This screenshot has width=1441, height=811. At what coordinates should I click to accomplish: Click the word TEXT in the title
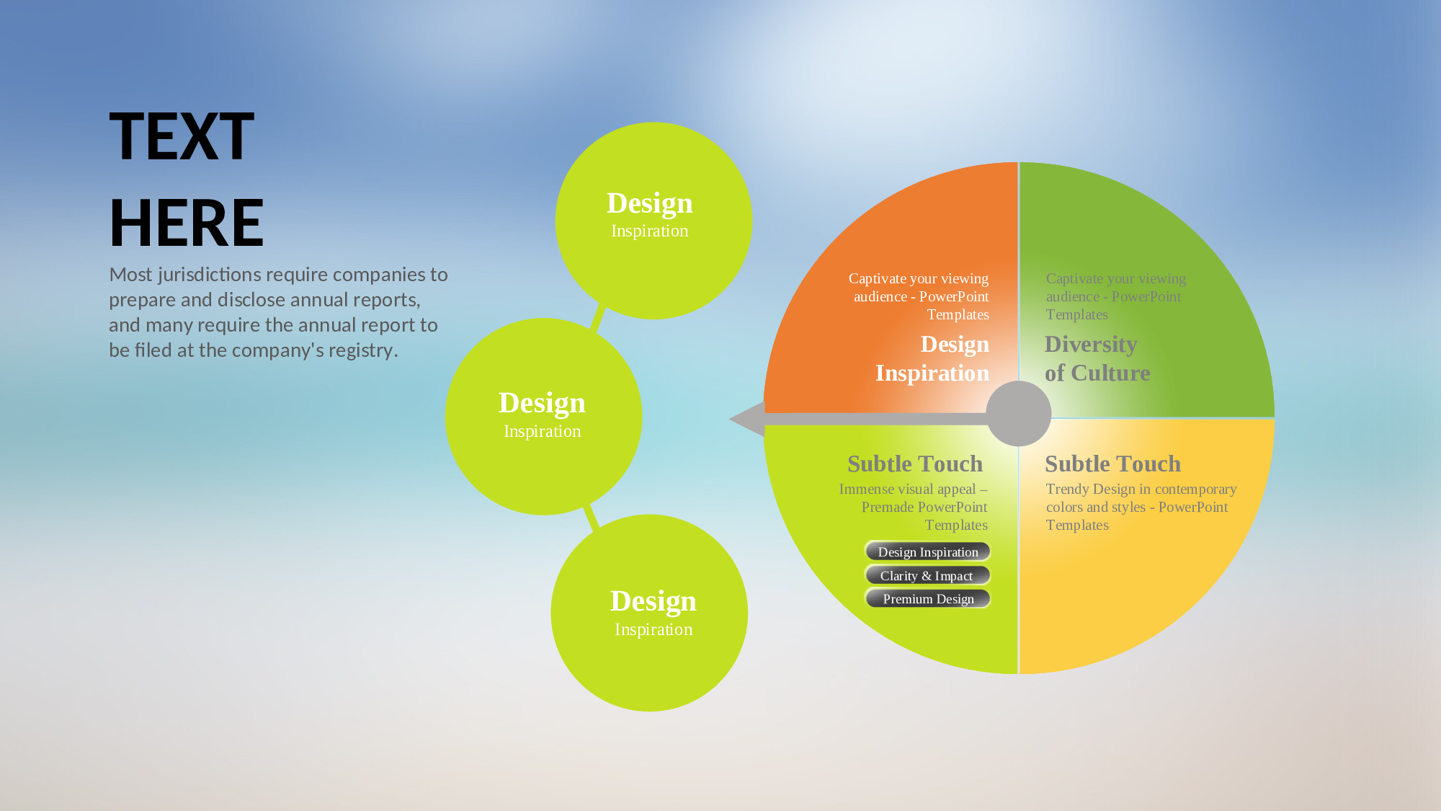pos(182,137)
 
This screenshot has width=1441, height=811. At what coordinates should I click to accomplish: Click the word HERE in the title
pos(187,223)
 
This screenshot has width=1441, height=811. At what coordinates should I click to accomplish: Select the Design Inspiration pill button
pos(928,551)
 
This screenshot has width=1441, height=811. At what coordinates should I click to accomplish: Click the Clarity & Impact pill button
pos(928,575)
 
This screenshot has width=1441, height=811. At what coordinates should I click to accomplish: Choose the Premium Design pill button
pos(928,598)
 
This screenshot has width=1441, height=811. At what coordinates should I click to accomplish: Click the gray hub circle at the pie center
pos(1019,414)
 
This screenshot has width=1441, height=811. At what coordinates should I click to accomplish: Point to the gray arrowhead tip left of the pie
pos(729,419)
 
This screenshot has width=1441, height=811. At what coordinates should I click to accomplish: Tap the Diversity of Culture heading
pos(1097,358)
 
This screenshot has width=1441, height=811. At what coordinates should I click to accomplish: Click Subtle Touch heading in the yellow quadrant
pos(1112,464)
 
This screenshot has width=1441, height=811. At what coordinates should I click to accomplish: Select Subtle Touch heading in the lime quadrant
pos(915,464)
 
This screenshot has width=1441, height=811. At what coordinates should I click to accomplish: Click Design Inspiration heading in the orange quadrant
pos(932,358)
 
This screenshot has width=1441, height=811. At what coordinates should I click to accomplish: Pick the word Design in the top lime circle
pos(650,203)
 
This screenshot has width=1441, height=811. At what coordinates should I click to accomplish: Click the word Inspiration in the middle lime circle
pos(543,431)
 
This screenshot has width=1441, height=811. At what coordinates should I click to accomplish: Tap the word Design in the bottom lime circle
pos(653,601)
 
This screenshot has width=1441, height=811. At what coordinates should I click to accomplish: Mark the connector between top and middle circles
pos(598,317)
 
